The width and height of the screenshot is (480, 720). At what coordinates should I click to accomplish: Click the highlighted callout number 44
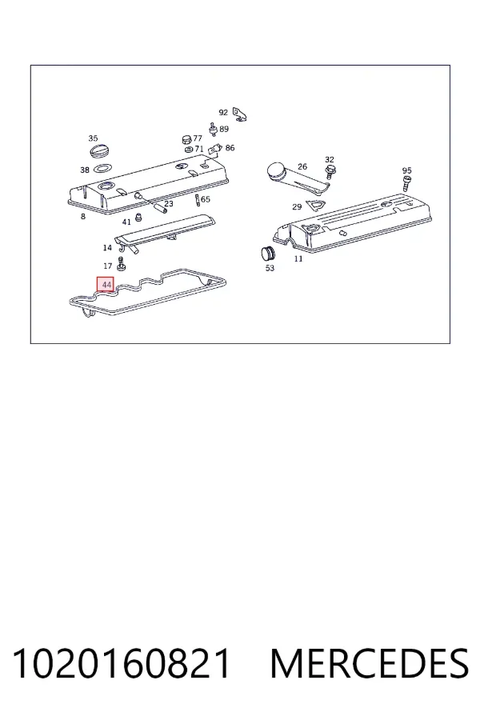tap(106, 285)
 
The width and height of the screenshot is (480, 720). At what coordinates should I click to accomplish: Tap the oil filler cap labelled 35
tap(98, 151)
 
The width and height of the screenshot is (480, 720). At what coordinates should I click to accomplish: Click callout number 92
tap(223, 113)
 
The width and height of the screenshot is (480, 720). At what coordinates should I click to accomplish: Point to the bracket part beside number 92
tap(240, 114)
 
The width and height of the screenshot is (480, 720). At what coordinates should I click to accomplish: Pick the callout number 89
tap(224, 129)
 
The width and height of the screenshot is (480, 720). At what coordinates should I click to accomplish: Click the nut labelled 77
tap(186, 139)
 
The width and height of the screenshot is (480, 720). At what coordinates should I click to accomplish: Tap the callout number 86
tap(230, 148)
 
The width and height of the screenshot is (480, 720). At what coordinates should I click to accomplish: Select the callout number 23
tap(169, 203)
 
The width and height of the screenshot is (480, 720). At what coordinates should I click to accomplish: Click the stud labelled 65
tap(197, 200)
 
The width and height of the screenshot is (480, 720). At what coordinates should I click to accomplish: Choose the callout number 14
tap(107, 248)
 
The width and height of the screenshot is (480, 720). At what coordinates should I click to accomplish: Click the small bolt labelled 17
tap(122, 264)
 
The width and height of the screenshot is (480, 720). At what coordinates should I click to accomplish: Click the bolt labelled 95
tap(406, 183)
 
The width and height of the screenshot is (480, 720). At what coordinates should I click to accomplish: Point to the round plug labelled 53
tap(267, 254)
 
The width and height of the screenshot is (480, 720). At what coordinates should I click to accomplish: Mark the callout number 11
tap(298, 259)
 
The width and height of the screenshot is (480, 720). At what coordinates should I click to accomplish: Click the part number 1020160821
tap(122, 663)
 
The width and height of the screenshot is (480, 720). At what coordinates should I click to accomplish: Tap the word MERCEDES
tap(370, 663)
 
